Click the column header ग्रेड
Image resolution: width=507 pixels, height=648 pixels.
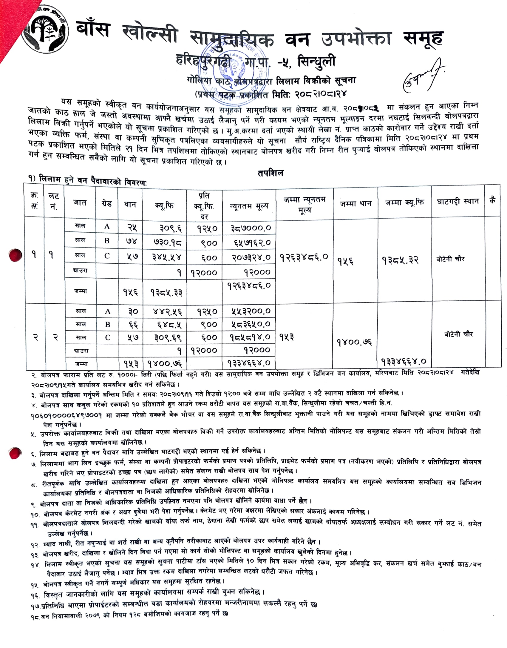(x=106, y=204)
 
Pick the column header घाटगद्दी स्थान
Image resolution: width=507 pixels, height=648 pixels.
(x=458, y=202)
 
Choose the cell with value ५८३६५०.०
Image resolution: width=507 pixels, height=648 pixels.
(x=251, y=325)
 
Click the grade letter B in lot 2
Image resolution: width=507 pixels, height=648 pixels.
(x=108, y=325)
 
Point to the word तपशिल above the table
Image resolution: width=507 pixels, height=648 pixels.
(x=270, y=173)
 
